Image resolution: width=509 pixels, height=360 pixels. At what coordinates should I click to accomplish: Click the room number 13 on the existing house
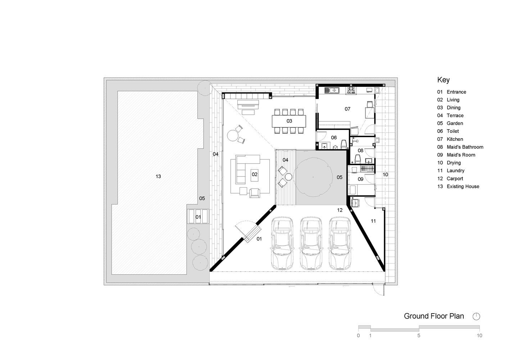click(158, 176)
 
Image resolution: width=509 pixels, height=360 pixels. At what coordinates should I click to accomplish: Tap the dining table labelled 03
click(289, 121)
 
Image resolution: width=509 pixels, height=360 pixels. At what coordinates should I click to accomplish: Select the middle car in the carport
click(311, 243)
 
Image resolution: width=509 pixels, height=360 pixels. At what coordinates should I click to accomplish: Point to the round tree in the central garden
click(313, 177)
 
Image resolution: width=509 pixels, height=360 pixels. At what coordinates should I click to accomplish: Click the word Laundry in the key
click(456, 171)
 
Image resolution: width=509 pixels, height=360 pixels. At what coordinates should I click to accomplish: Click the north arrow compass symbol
click(476, 316)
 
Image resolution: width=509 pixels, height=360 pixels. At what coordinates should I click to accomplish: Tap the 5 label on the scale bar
click(419, 336)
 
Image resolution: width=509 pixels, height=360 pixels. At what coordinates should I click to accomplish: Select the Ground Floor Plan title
click(434, 316)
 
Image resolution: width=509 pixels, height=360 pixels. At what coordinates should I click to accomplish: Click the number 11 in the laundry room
click(373, 221)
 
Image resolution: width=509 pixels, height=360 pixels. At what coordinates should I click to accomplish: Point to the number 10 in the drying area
click(385, 175)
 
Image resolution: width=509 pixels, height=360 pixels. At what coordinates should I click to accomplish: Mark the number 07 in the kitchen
click(347, 109)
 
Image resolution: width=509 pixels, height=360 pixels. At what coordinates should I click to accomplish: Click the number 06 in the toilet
click(334, 138)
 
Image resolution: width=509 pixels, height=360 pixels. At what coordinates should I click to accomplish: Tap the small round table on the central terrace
click(288, 177)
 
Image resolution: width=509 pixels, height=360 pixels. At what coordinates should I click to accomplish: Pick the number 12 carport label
click(340, 210)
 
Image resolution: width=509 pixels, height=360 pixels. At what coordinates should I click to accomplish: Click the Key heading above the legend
click(443, 80)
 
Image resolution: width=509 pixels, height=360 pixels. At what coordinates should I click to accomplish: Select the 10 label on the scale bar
click(479, 336)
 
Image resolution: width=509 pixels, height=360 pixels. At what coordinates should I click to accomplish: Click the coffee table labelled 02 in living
click(255, 175)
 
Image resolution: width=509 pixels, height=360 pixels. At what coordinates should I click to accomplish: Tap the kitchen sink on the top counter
click(332, 90)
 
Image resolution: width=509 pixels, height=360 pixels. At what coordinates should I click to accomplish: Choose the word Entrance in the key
click(456, 92)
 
